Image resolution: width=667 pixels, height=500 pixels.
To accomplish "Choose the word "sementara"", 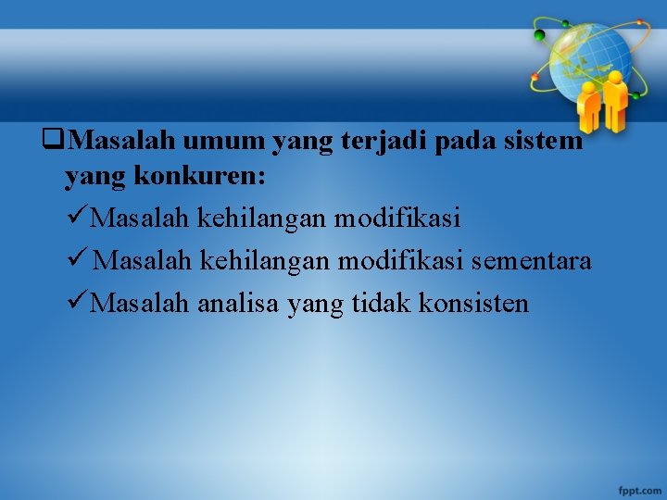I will tap(531, 261).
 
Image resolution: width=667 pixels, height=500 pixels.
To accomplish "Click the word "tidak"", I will tap(381, 303).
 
